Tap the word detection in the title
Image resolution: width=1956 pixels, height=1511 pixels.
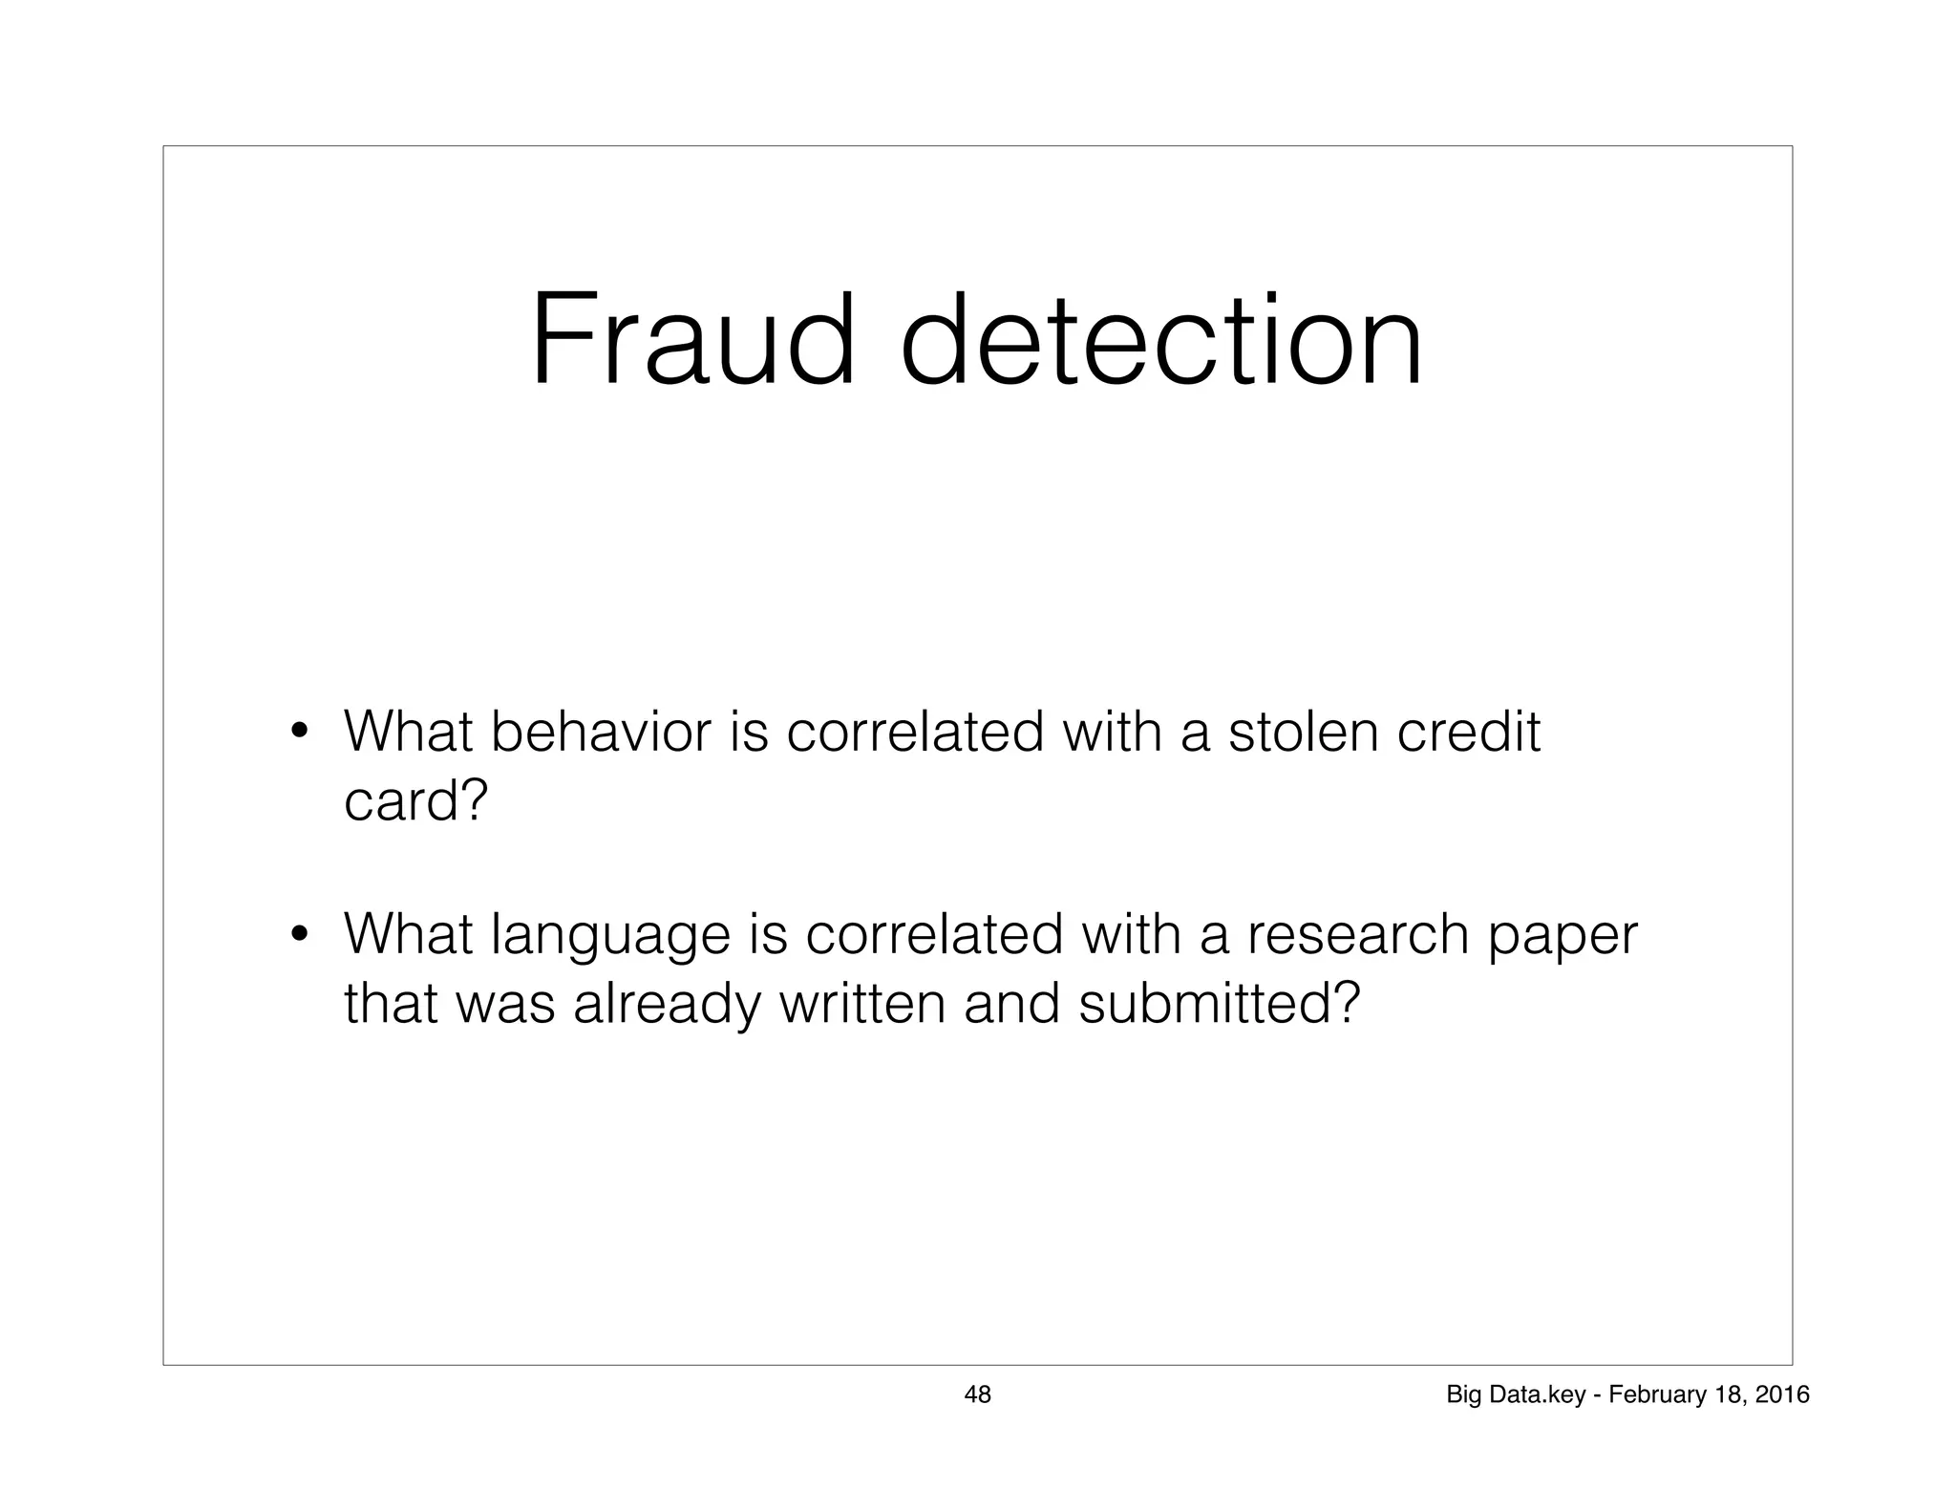pos(1160,341)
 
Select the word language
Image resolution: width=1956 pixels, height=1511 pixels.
pos(609,936)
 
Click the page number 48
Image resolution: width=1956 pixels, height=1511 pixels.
pos(978,1394)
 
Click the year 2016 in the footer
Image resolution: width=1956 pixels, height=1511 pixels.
pos(1783,1395)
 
